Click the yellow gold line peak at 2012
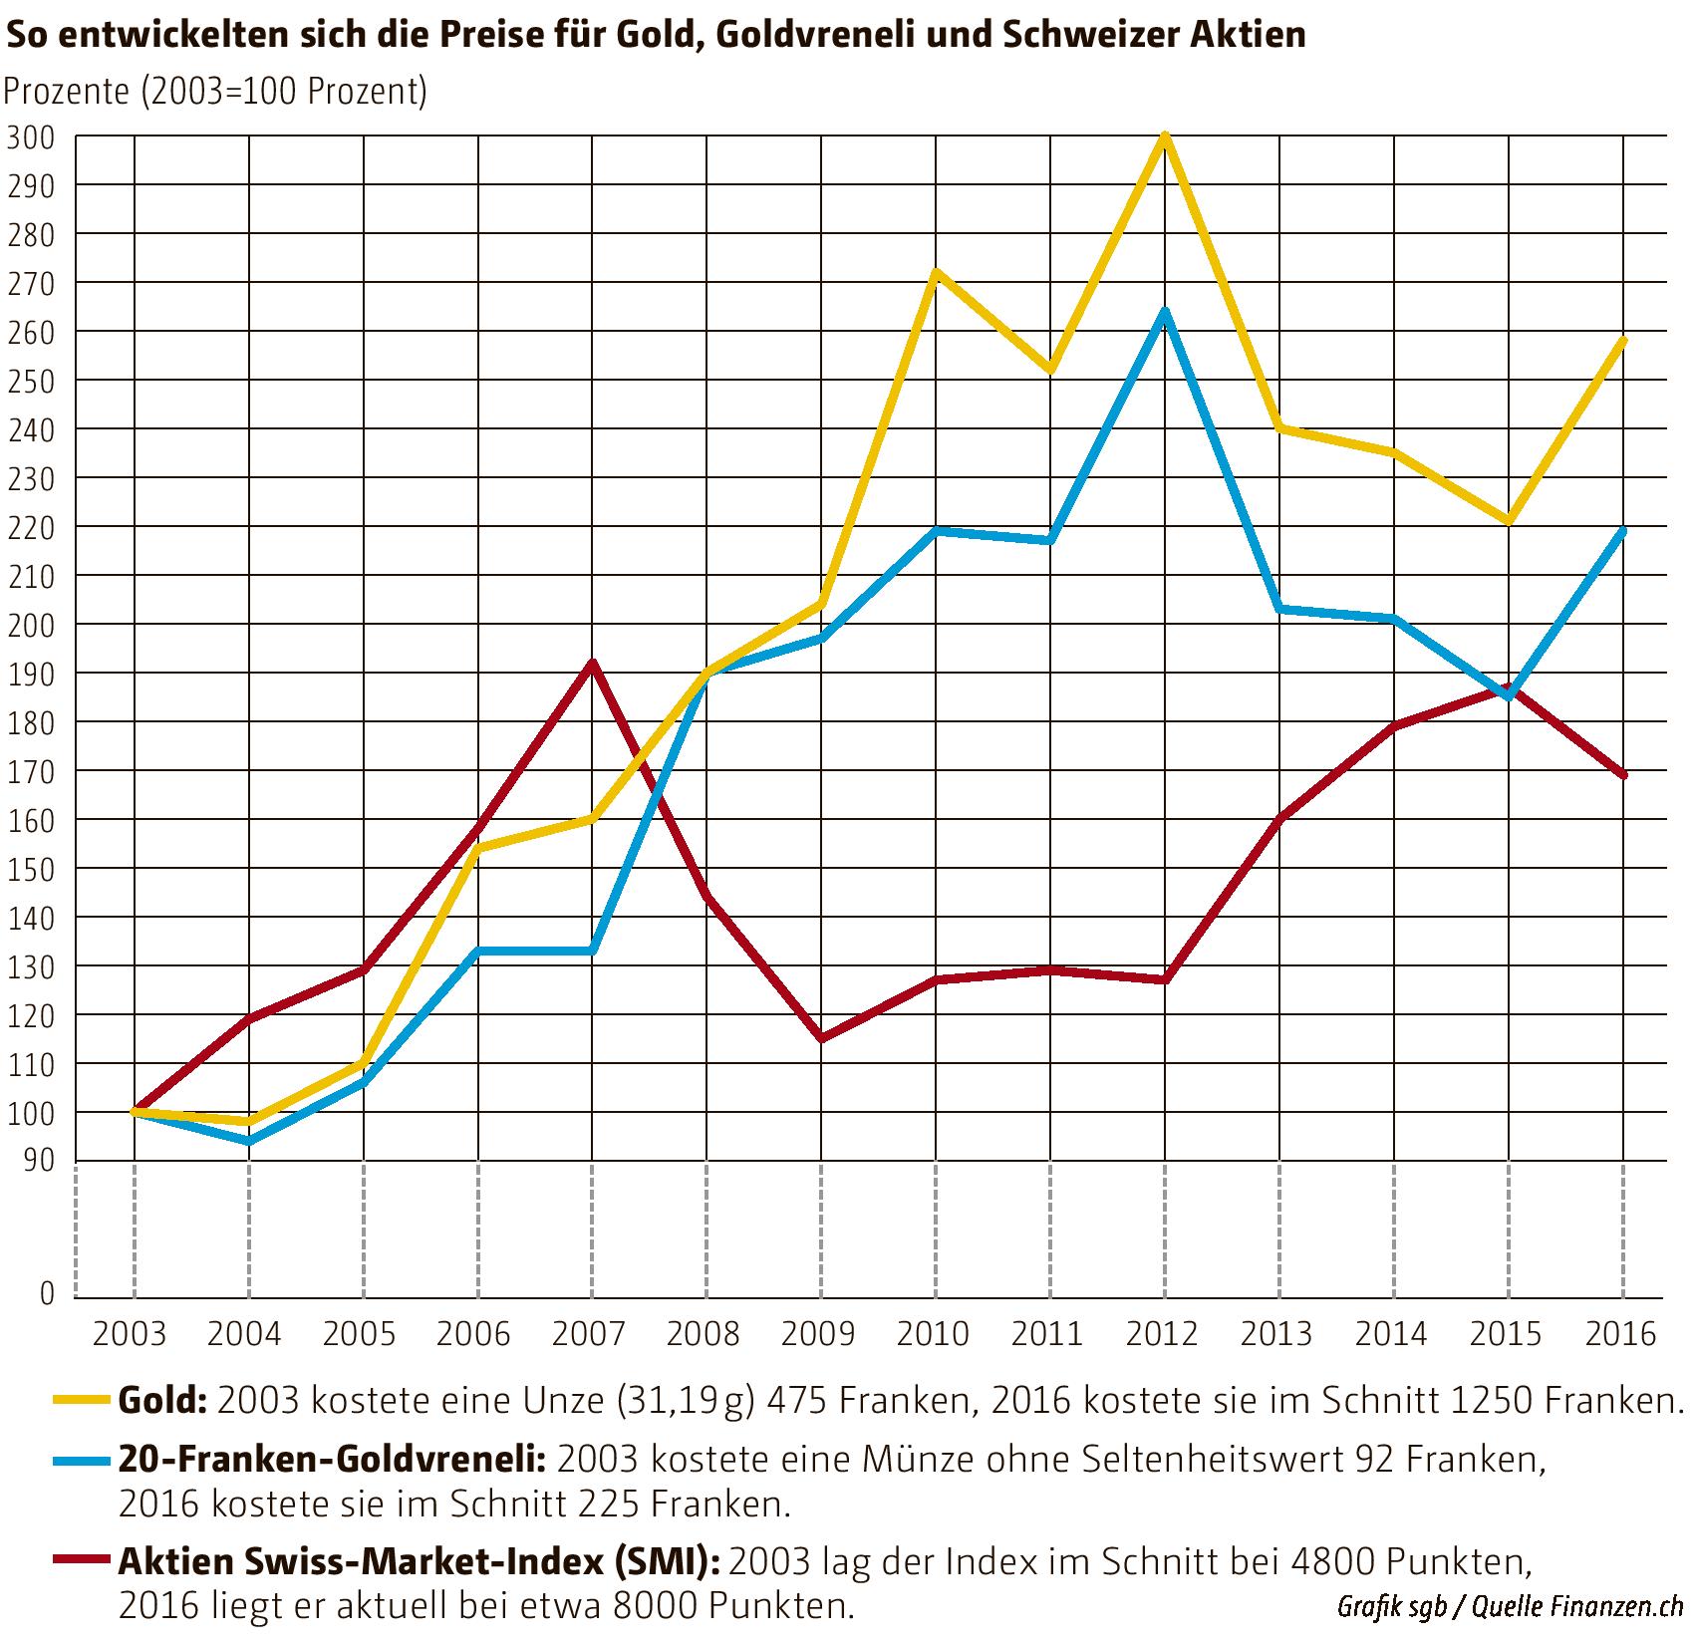[1164, 137]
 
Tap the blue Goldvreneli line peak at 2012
[1164, 312]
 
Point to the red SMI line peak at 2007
[592, 663]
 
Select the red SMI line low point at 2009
[821, 1038]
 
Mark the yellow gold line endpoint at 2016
[1623, 341]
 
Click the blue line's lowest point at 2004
[248, 1141]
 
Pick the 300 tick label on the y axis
[32, 137]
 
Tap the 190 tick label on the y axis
[32, 674]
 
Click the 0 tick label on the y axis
[47, 1293]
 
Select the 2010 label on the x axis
[934, 1333]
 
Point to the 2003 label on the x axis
[131, 1333]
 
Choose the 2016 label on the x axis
[1620, 1333]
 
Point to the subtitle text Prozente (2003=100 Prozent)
[215, 91]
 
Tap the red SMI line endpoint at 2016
[1623, 774]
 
